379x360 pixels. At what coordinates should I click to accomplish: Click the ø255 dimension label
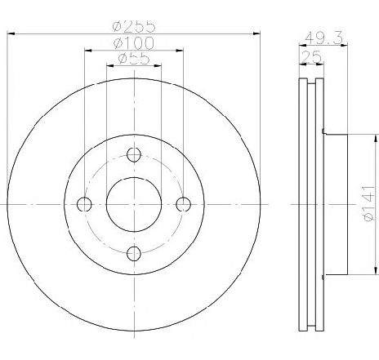(x=134, y=25)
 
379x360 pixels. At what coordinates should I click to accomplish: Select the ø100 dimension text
(x=134, y=42)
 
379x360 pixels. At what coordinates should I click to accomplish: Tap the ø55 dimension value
(x=134, y=58)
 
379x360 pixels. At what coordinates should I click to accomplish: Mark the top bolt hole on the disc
(x=135, y=154)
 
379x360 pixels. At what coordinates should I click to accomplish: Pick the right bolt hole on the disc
(x=183, y=203)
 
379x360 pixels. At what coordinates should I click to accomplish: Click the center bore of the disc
(x=135, y=203)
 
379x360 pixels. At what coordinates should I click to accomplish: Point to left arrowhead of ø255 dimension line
(x=9, y=33)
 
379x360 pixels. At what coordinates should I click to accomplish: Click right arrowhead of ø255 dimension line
(x=259, y=33)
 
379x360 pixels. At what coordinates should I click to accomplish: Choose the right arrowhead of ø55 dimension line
(x=158, y=65)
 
